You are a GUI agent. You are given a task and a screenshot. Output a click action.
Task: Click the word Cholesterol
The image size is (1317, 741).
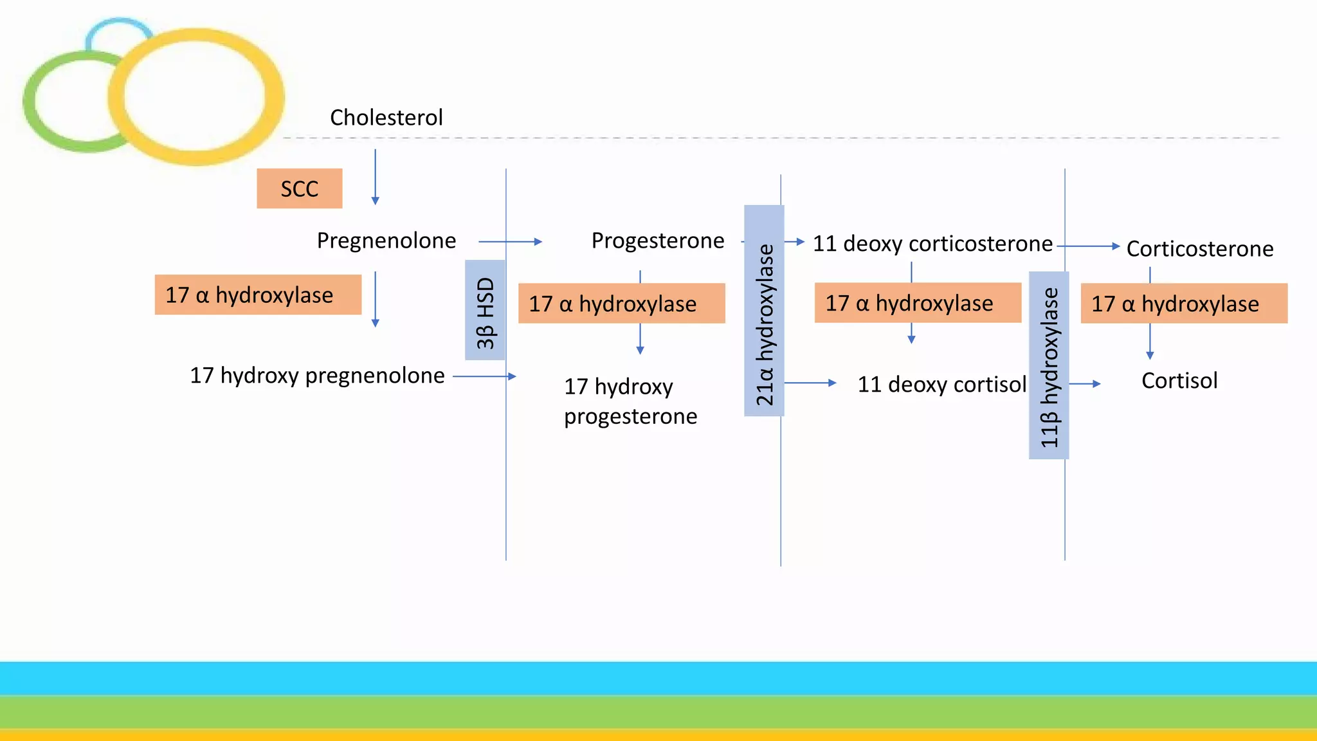tap(386, 118)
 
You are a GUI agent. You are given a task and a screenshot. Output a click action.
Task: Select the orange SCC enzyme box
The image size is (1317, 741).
tap(299, 188)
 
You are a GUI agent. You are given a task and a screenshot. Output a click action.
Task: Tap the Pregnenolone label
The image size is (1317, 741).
tap(386, 241)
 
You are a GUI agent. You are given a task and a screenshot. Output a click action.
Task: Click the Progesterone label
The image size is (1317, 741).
tap(657, 241)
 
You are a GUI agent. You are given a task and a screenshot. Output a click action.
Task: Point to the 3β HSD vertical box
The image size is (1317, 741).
tap(485, 311)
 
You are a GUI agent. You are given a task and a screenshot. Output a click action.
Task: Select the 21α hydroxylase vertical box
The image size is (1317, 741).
tap(764, 311)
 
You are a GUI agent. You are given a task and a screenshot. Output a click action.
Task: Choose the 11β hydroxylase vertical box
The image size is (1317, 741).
tap(1049, 365)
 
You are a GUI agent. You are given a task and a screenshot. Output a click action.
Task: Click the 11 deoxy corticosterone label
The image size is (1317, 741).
tap(932, 244)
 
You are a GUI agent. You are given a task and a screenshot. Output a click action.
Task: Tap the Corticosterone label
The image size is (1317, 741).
tap(1199, 249)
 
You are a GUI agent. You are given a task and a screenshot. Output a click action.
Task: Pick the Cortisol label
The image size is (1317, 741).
tap(1179, 381)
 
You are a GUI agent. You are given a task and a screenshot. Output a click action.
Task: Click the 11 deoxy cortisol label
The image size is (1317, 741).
tap(941, 385)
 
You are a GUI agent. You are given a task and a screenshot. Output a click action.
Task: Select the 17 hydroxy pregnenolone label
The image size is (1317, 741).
tap(317, 376)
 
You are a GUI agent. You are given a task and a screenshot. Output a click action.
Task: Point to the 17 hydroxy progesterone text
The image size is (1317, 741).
tap(630, 401)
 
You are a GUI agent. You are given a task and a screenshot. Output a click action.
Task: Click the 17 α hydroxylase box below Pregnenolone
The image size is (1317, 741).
tap(258, 295)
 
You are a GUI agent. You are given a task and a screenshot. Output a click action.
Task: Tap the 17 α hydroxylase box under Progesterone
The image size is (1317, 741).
tap(621, 303)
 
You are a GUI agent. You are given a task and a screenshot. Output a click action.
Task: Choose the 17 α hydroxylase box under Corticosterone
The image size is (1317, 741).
tap(1184, 303)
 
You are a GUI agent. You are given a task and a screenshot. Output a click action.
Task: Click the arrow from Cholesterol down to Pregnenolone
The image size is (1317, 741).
tap(376, 177)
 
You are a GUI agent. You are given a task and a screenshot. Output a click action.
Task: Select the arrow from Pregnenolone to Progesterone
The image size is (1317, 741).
tap(511, 242)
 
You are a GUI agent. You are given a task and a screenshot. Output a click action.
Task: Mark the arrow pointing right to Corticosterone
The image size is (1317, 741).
tap(1088, 246)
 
